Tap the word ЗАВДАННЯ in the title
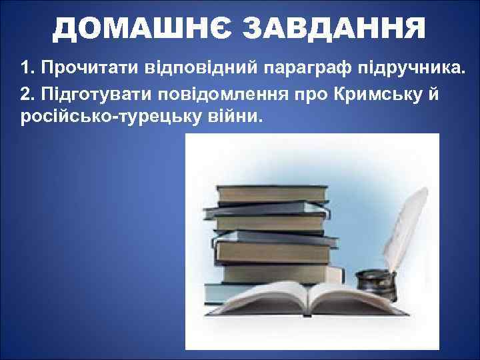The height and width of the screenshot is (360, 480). click(x=333, y=29)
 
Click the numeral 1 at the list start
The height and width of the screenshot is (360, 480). click(x=25, y=68)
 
